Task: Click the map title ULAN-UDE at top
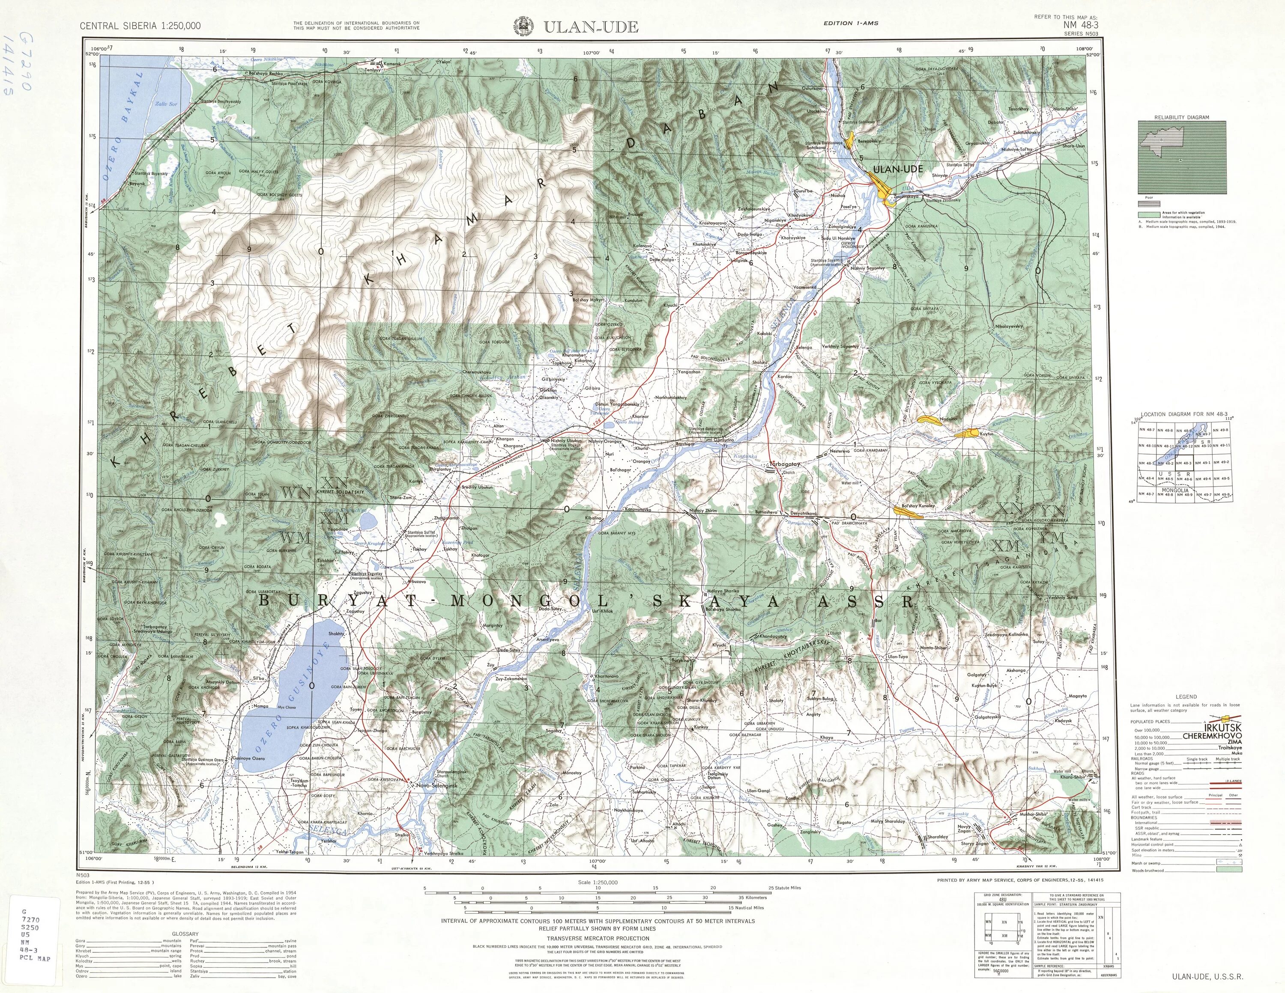[x=591, y=27]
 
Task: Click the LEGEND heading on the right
[x=1186, y=697]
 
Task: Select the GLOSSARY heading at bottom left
[x=185, y=934]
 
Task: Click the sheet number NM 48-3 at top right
[x=1080, y=25]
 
